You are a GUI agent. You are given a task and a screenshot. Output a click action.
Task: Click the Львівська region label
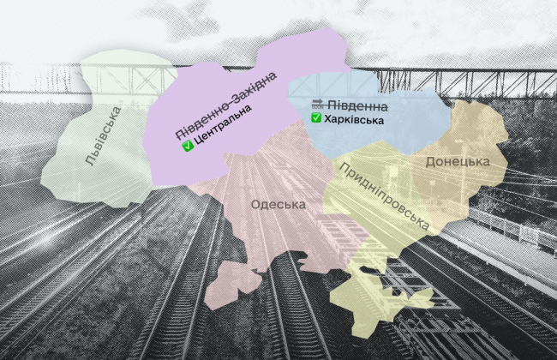pos(103,135)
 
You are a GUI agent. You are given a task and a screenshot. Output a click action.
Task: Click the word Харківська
pos(348,120)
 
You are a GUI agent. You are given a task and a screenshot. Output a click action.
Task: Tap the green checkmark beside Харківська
pos(316,118)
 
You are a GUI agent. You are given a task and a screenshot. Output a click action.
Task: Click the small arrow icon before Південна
pos(317,104)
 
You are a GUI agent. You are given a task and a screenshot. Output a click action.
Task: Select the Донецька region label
pos(457,161)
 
